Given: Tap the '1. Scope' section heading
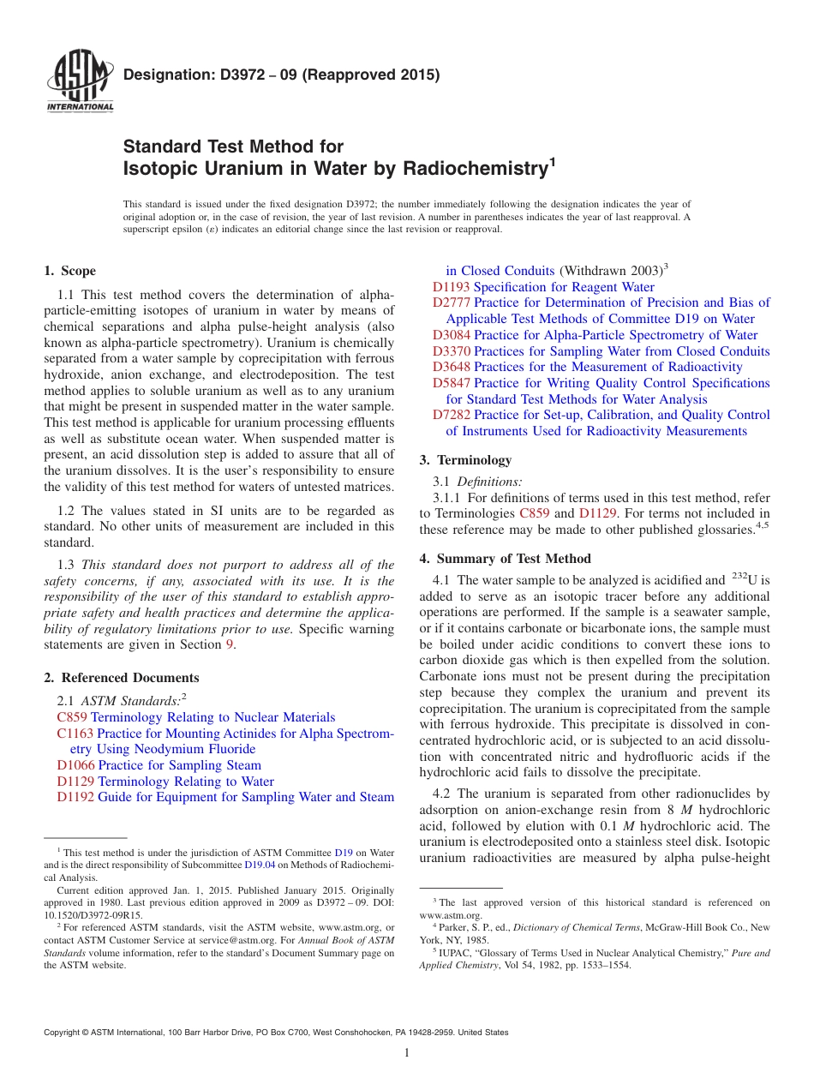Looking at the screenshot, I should pos(69,271).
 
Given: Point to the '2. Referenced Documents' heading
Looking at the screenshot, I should pos(122,678).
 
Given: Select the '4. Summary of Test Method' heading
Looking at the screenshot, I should pos(505,559).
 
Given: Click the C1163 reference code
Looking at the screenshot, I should pos(75,734).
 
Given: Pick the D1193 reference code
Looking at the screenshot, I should pos(451,287).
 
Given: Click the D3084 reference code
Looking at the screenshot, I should pos(451,335).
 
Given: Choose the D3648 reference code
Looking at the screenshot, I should pos(451,367).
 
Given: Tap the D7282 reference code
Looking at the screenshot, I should pos(451,415).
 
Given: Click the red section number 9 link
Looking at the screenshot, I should pos(229,645).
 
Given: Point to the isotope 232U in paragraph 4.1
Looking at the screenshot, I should pos(738,580).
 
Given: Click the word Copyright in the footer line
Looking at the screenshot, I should pos(62,1033).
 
